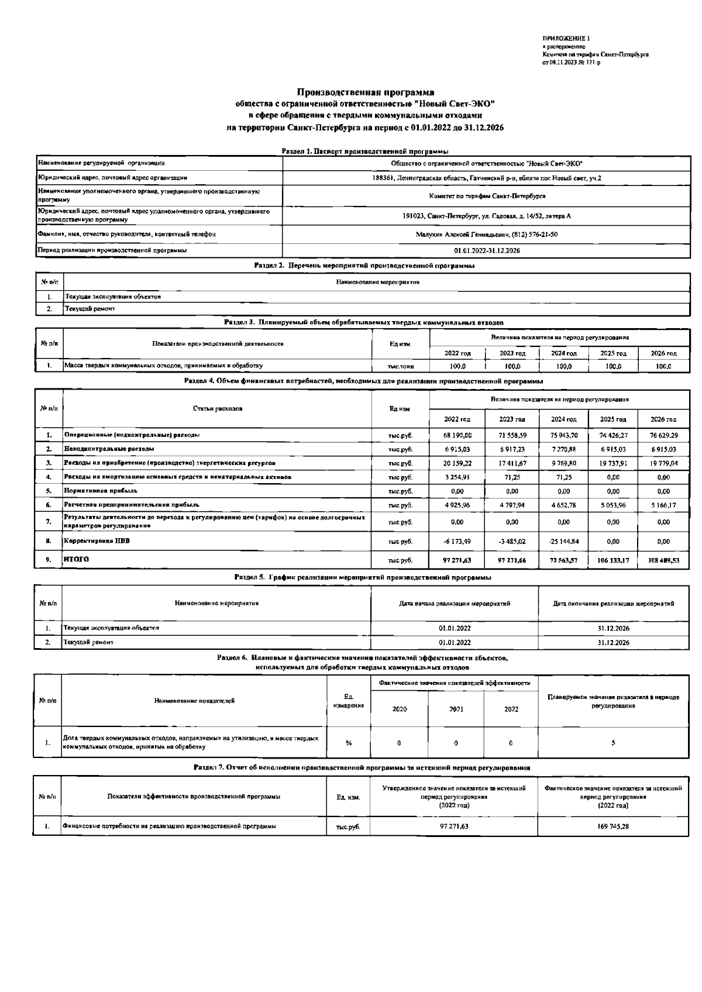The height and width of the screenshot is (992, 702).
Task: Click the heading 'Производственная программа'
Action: click(x=365, y=92)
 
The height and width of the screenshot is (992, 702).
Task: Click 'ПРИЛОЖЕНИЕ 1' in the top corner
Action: click(x=566, y=39)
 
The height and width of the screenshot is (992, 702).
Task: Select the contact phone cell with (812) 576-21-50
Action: click(x=486, y=235)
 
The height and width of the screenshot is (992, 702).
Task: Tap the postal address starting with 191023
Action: click(x=486, y=216)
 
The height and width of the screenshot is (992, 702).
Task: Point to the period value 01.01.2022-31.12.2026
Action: click(x=486, y=250)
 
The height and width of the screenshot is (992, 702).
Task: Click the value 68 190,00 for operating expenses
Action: click(x=457, y=435)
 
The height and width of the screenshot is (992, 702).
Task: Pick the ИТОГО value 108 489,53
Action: click(x=663, y=560)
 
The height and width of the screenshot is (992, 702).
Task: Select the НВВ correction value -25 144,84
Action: click(x=563, y=541)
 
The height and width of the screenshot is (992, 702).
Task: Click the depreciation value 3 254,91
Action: click(x=457, y=477)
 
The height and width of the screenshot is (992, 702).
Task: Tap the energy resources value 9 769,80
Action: click(x=563, y=463)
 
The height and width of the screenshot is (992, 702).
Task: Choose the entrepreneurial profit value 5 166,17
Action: click(x=663, y=504)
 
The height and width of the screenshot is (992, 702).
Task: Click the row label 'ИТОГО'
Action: click(x=77, y=560)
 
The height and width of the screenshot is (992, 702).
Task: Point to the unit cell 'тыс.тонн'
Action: click(x=401, y=366)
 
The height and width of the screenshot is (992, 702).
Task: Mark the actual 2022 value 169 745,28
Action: click(x=612, y=827)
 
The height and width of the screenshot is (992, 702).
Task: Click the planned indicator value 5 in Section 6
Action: click(x=612, y=743)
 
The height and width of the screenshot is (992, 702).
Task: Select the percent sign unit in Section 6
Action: click(x=349, y=743)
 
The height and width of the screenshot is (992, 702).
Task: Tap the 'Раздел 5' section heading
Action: click(x=362, y=577)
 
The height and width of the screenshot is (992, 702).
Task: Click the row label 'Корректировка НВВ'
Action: click(x=97, y=541)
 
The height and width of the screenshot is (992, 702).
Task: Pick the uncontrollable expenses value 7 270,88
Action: click(x=563, y=449)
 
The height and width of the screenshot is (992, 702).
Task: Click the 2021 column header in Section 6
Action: click(x=456, y=709)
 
